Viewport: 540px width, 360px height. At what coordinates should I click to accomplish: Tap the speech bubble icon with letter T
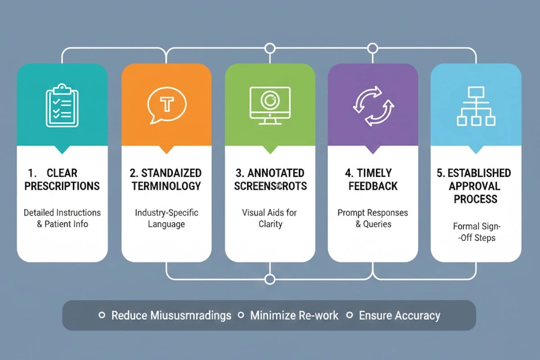tap(166, 105)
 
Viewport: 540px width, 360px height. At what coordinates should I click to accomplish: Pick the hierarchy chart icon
tap(476, 106)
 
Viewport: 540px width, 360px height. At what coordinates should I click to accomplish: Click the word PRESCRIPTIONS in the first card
tap(62, 186)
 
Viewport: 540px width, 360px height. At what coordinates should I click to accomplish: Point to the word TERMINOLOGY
tap(166, 186)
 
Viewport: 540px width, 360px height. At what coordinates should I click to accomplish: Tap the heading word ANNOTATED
tap(275, 173)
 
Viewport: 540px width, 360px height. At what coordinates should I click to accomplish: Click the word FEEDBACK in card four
tap(373, 186)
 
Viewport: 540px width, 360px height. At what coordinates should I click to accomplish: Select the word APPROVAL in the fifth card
tap(476, 186)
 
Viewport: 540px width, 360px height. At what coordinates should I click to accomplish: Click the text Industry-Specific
tap(166, 212)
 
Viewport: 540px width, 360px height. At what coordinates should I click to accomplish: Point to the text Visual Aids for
tap(270, 212)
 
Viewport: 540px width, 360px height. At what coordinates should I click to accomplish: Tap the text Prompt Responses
tap(373, 212)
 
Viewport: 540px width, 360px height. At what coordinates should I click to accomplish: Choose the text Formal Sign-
tap(476, 226)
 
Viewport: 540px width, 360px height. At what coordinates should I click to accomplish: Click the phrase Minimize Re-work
tap(294, 315)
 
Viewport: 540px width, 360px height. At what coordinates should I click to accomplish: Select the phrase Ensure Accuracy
tap(400, 315)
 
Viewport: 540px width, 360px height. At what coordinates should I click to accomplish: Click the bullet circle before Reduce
tap(102, 315)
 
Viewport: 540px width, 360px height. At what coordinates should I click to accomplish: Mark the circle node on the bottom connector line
tap(270, 279)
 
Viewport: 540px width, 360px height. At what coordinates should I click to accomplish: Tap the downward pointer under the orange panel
tap(166, 150)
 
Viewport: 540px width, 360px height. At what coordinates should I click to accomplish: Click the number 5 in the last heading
tap(440, 173)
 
